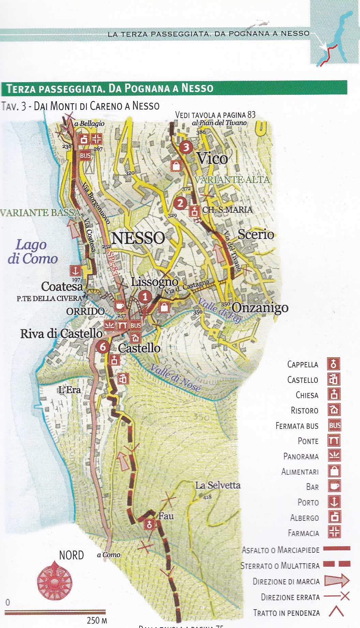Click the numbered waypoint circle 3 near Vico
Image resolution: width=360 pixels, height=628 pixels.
point(186,147)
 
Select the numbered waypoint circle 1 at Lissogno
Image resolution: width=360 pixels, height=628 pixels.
point(145,297)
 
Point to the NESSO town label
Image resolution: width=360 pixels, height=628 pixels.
point(138,238)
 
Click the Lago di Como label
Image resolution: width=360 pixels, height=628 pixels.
point(32,252)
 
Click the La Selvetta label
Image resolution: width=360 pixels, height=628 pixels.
point(217,485)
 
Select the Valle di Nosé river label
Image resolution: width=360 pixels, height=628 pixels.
point(175,378)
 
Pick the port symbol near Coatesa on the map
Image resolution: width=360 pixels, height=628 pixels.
point(75,271)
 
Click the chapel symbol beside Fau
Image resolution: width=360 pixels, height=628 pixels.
point(149,525)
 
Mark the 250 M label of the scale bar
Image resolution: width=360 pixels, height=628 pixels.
point(97,620)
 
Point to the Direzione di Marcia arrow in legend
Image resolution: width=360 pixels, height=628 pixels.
point(336,581)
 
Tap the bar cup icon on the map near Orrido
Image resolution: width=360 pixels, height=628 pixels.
point(120,305)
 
